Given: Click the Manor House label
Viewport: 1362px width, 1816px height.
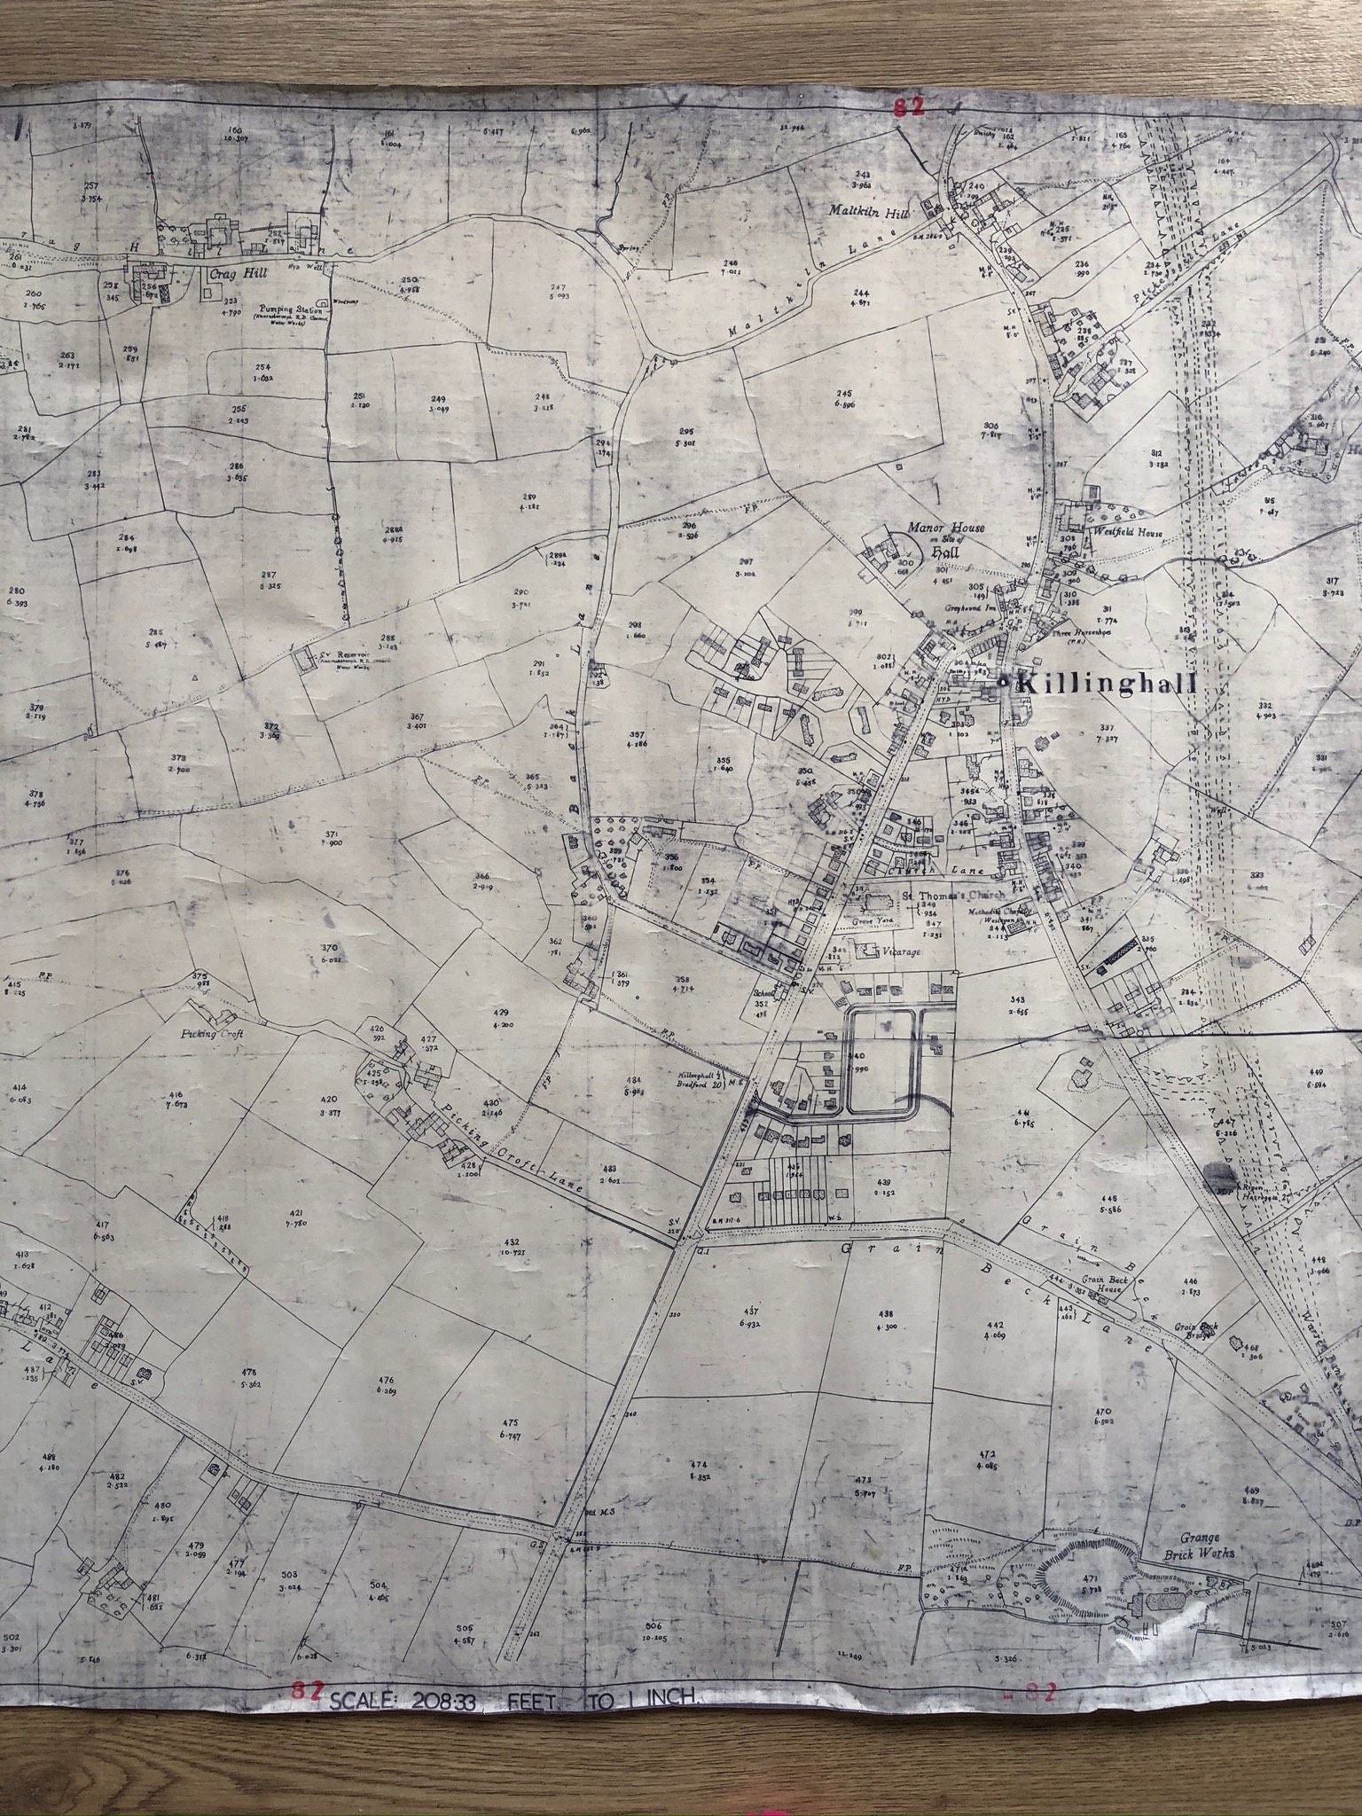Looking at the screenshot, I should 945,528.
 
